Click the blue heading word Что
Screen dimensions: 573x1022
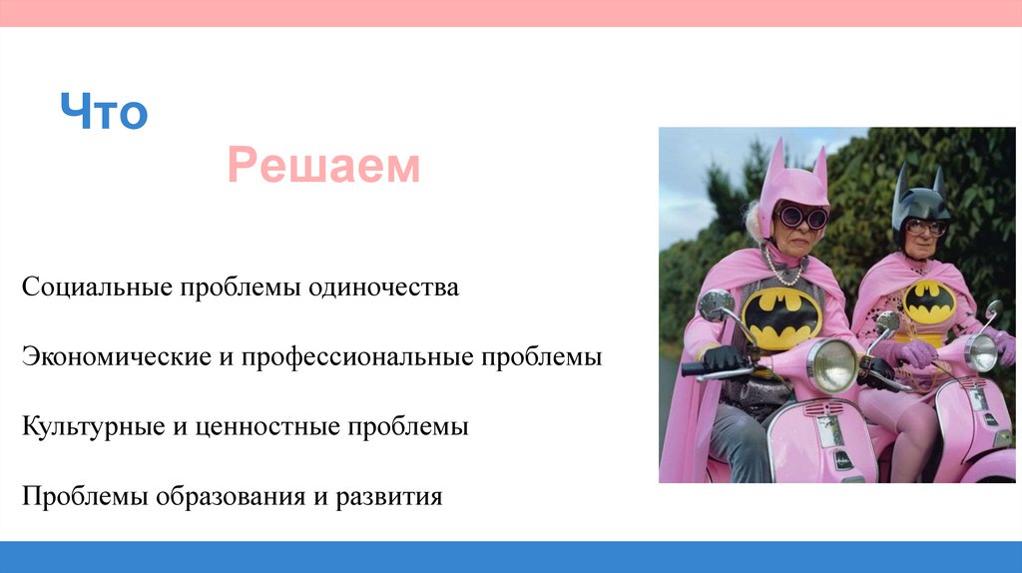(x=103, y=113)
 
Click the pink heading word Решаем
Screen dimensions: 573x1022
(x=323, y=167)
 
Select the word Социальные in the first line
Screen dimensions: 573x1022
(x=96, y=288)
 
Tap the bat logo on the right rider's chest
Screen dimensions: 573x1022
(x=929, y=300)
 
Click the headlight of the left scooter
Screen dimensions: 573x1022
(x=832, y=365)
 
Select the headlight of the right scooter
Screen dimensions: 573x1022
(x=980, y=351)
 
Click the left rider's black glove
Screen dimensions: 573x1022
(x=722, y=358)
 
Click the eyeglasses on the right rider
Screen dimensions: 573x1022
(x=925, y=228)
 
